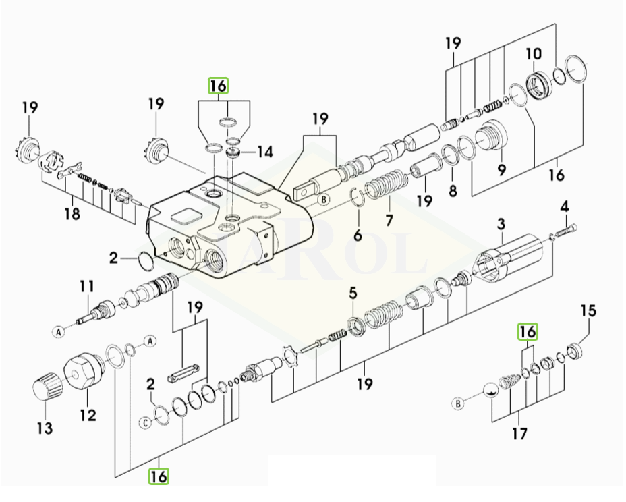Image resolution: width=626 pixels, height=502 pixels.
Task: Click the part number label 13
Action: coord(45,428)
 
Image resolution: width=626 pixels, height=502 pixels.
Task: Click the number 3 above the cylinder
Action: coord(501,223)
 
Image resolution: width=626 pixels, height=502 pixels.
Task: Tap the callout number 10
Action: coord(534,53)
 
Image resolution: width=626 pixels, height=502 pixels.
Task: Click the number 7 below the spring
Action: coord(389,220)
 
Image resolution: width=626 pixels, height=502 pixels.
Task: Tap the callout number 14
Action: coord(264,152)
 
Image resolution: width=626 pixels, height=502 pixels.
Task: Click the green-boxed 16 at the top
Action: coord(218,86)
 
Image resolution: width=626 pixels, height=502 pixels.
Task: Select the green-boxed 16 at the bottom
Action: coord(159,476)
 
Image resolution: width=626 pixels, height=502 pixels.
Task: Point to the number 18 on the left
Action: coord(72,215)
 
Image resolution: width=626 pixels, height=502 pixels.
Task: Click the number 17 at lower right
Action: coord(519,435)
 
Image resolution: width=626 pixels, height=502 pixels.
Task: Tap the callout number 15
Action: coord(589,311)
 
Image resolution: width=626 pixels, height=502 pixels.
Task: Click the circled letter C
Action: coord(145,423)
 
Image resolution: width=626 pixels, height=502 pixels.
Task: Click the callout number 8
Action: coord(453,191)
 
